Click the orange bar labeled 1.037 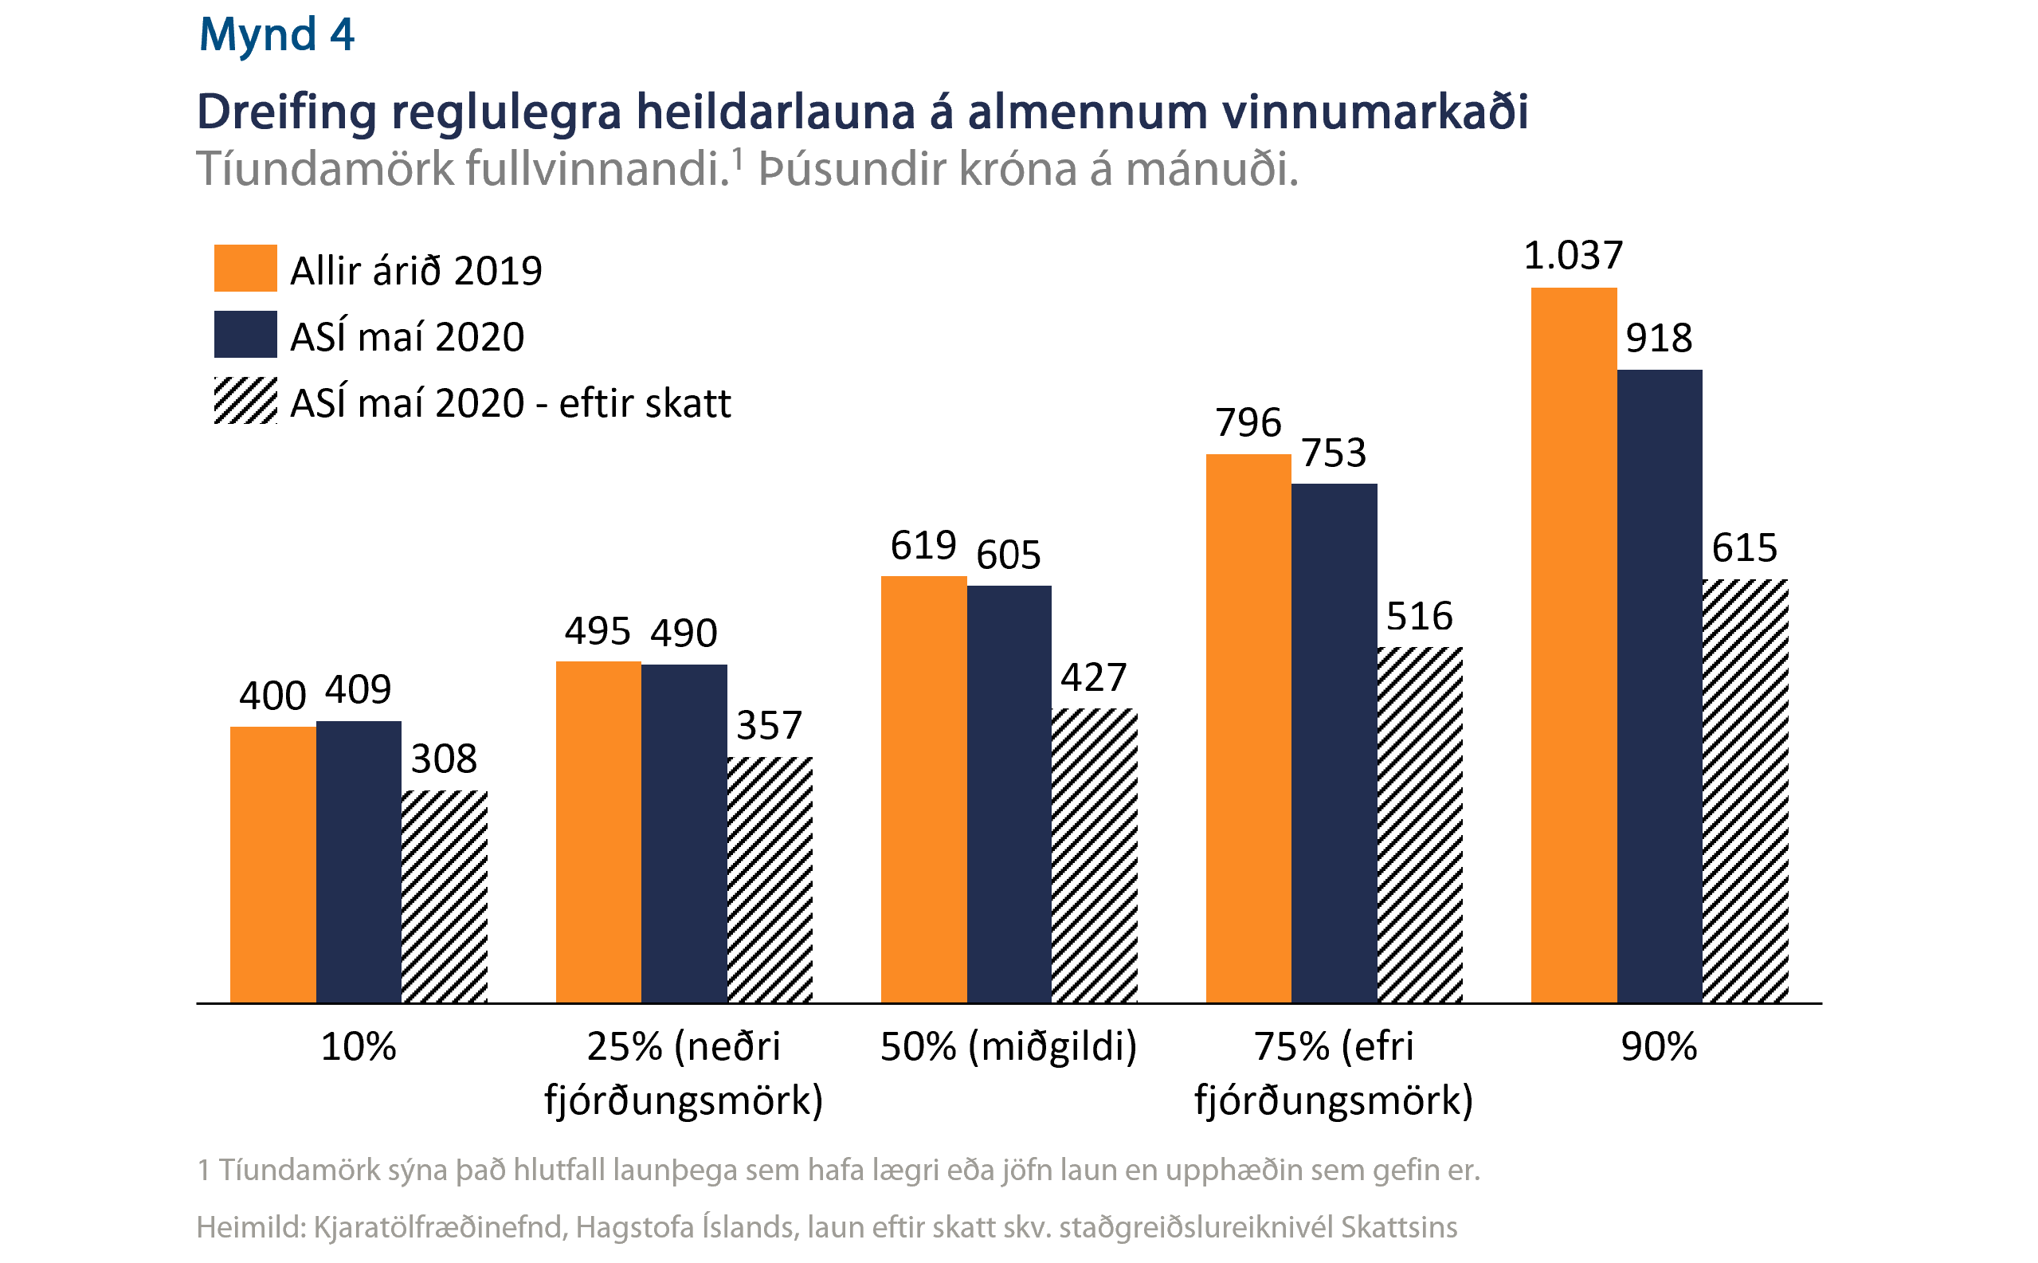(x=1573, y=645)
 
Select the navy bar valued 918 (x=1659, y=686)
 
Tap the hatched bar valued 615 (x=1745, y=790)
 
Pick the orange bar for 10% (x=273, y=865)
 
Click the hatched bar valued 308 (x=445, y=896)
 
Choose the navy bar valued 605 (x=1009, y=794)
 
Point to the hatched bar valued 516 (x=1419, y=825)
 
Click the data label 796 (x=1248, y=422)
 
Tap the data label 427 (x=1093, y=677)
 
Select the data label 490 (x=684, y=633)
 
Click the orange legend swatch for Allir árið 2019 (x=245, y=268)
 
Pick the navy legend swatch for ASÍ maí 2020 (x=245, y=334)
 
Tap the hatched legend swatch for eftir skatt (x=245, y=400)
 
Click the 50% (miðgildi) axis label (x=1009, y=1046)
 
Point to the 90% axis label (x=1659, y=1046)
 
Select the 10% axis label (x=359, y=1046)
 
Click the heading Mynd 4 (x=276, y=35)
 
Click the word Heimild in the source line (x=248, y=1227)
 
